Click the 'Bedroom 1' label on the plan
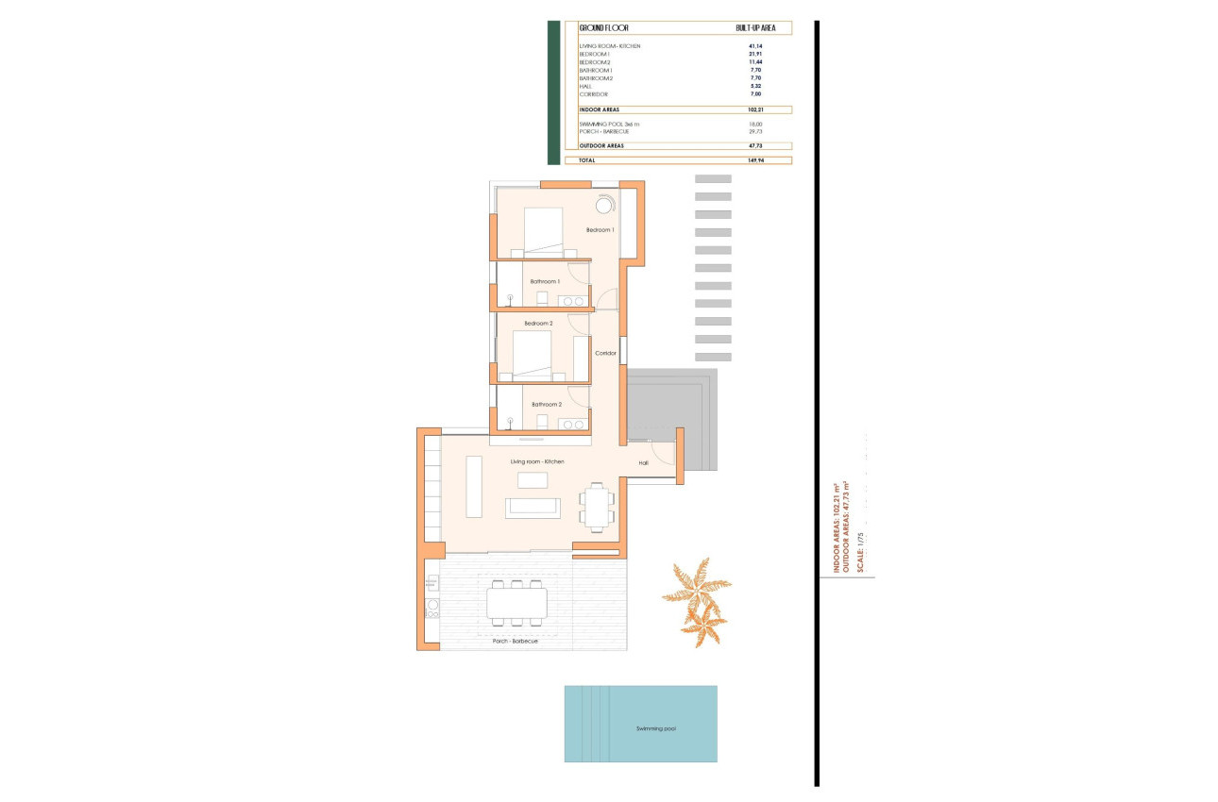click(600, 230)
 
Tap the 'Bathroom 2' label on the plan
click(546, 405)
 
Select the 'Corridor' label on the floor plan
click(605, 354)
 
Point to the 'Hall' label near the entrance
click(643, 463)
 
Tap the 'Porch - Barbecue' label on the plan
click(515, 641)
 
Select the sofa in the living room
click(533, 508)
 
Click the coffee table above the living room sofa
click(532, 479)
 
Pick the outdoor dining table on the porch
click(516, 603)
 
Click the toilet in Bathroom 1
click(542, 299)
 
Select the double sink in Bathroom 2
click(571, 425)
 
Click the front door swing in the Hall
click(665, 453)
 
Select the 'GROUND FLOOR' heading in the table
click(603, 28)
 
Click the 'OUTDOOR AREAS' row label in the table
click(601, 146)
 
